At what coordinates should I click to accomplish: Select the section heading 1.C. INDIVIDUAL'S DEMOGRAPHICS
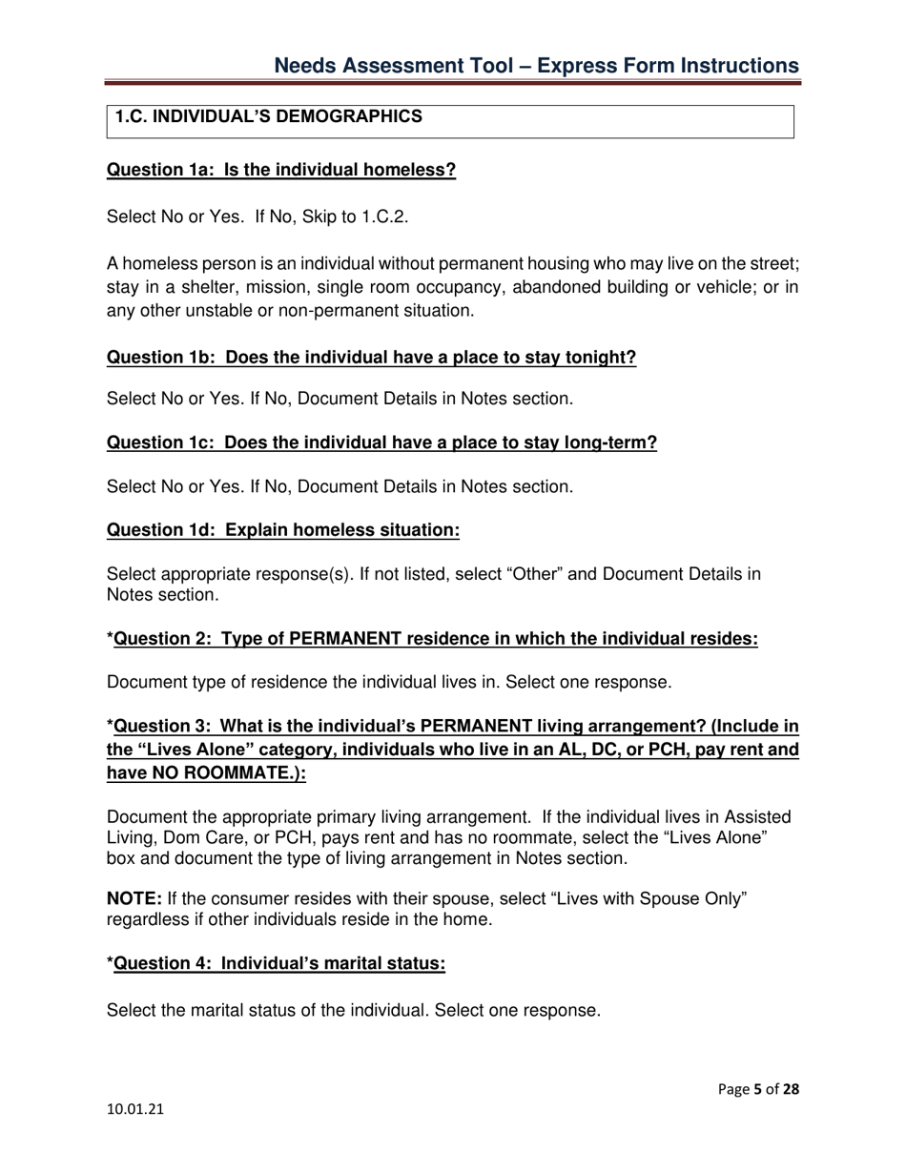click(x=268, y=117)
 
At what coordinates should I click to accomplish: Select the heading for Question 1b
click(x=371, y=359)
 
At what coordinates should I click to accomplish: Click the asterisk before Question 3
click(x=110, y=729)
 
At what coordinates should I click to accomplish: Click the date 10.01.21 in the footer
click(x=131, y=1112)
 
